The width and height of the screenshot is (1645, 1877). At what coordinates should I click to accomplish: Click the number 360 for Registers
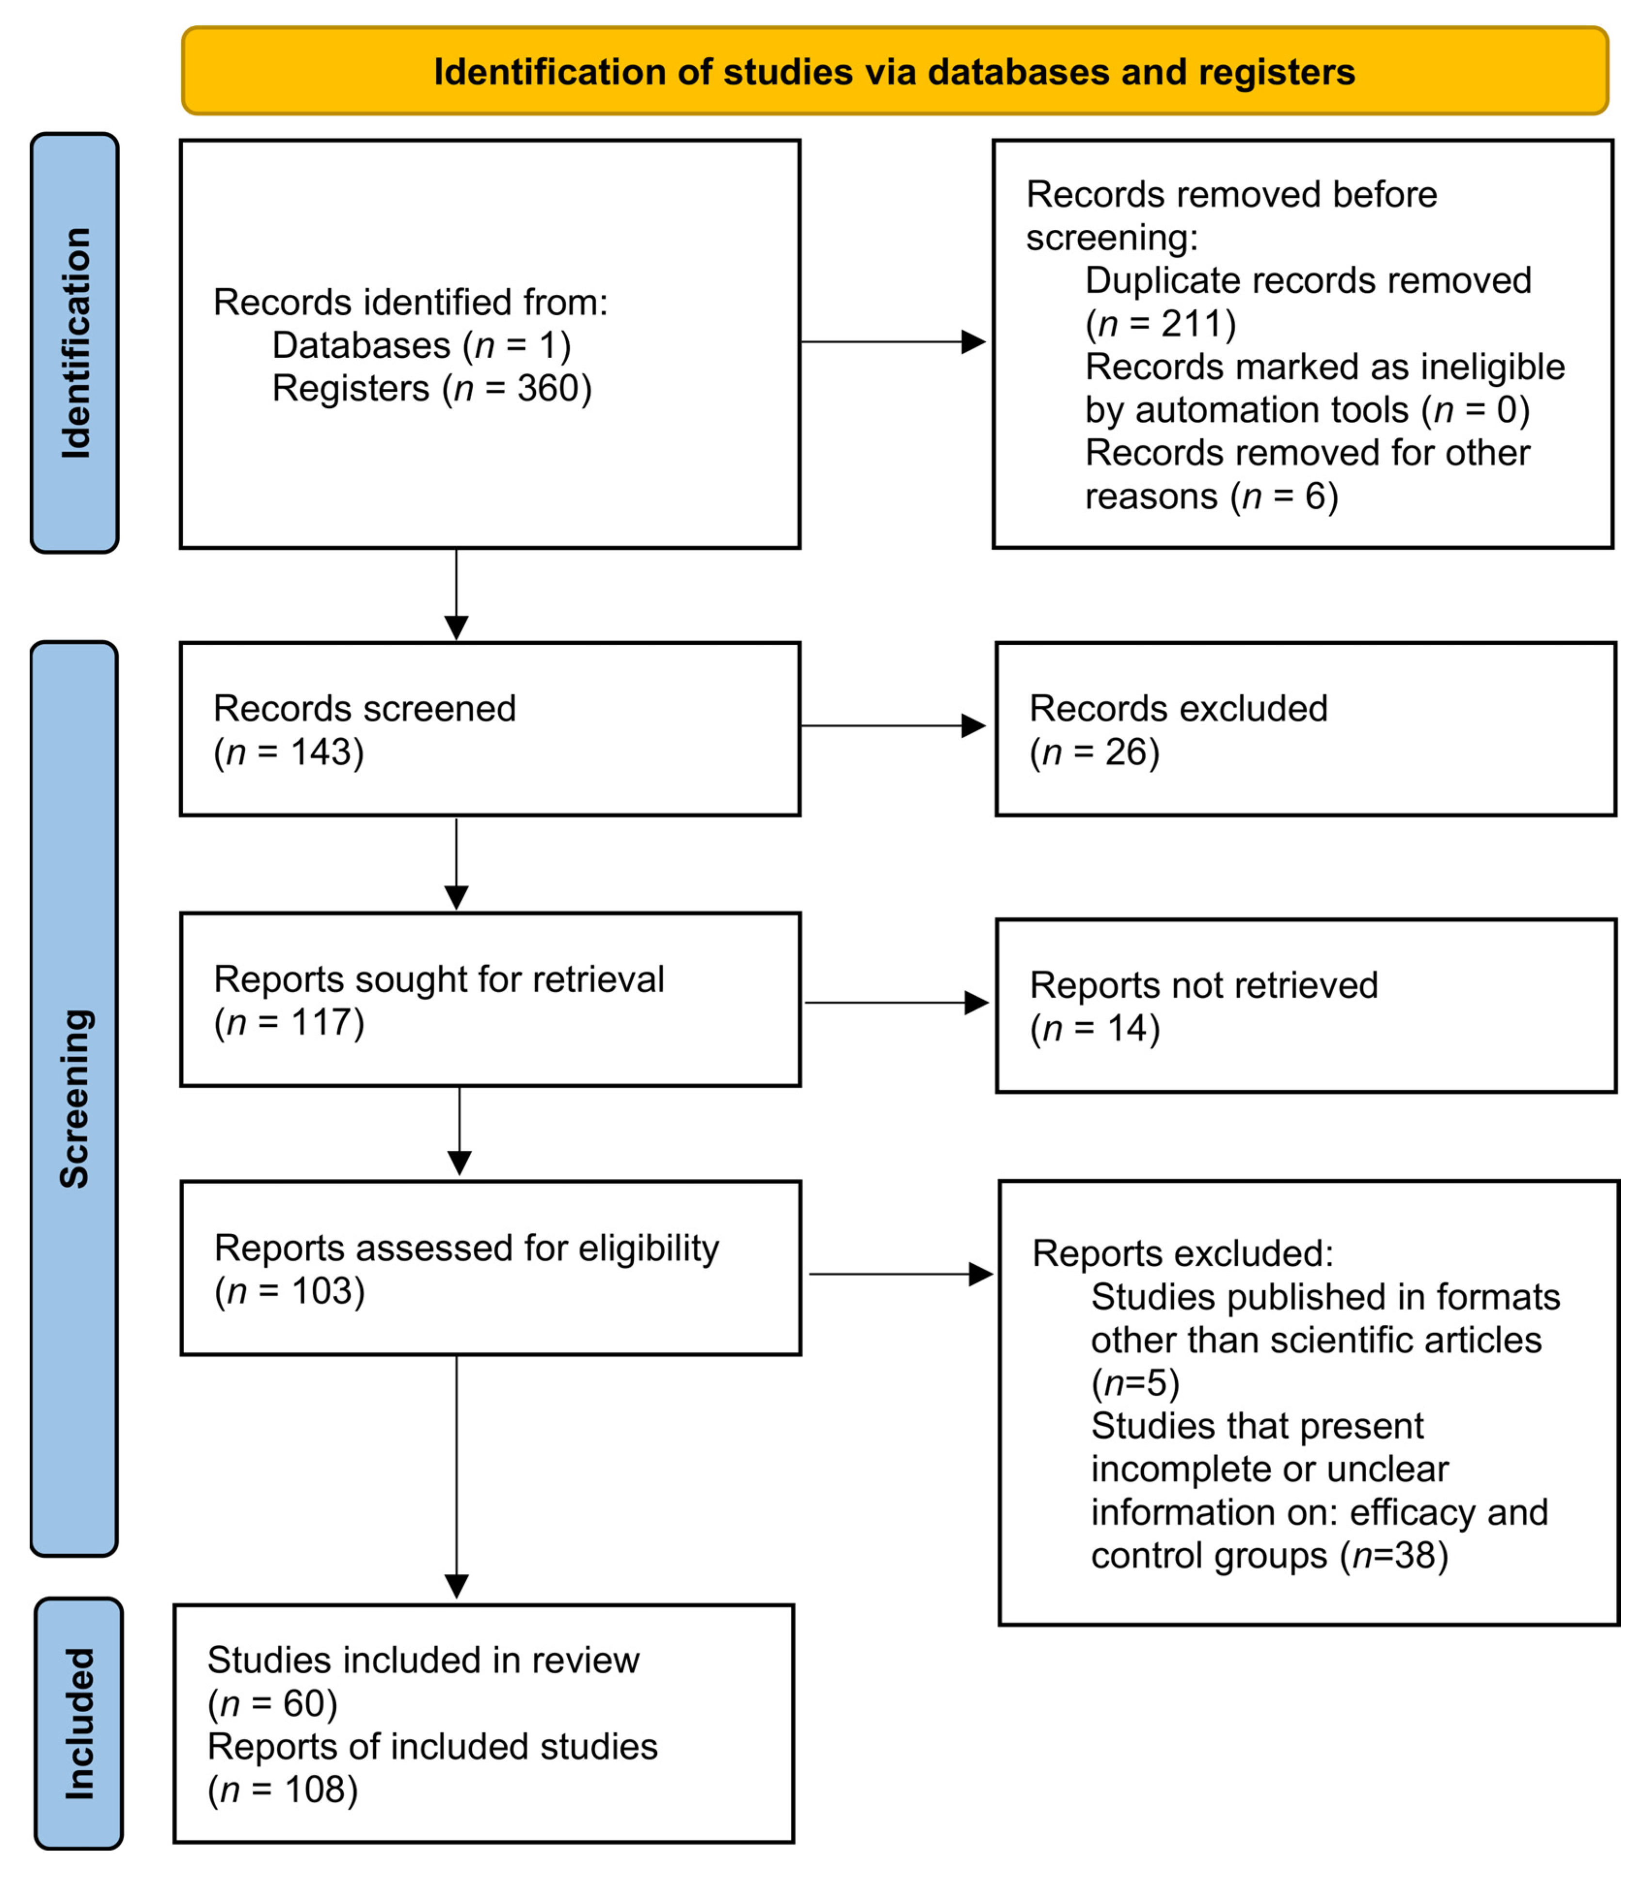click(548, 388)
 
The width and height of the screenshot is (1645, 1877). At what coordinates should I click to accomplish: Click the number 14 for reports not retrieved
click(1125, 1028)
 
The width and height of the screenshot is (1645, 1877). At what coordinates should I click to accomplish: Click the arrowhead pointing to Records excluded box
click(973, 726)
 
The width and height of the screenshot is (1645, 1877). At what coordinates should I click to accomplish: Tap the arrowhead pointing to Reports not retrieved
click(977, 1002)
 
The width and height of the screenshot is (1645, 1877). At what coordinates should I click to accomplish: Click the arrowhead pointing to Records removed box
click(973, 342)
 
